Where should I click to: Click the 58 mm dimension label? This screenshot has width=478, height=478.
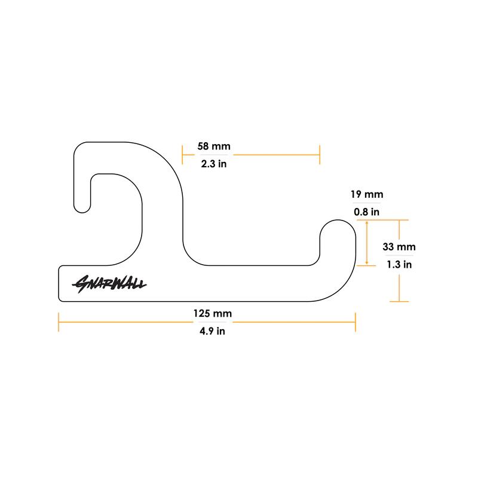point(214,146)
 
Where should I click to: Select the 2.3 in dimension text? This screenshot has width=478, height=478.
point(214,164)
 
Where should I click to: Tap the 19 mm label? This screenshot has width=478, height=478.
point(367,194)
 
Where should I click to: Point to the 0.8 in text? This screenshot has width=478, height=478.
point(367,212)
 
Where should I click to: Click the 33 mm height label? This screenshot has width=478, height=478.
point(399,247)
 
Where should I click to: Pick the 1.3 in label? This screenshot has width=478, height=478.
point(399,264)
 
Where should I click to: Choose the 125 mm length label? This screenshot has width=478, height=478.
point(213,313)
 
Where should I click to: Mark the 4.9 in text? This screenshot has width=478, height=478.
point(213,331)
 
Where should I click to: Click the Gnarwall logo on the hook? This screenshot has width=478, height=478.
point(109,284)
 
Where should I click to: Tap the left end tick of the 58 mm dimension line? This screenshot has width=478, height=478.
point(182,155)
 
